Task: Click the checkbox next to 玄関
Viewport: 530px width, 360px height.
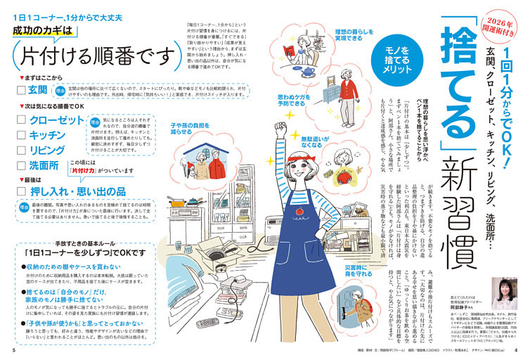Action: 21,90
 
